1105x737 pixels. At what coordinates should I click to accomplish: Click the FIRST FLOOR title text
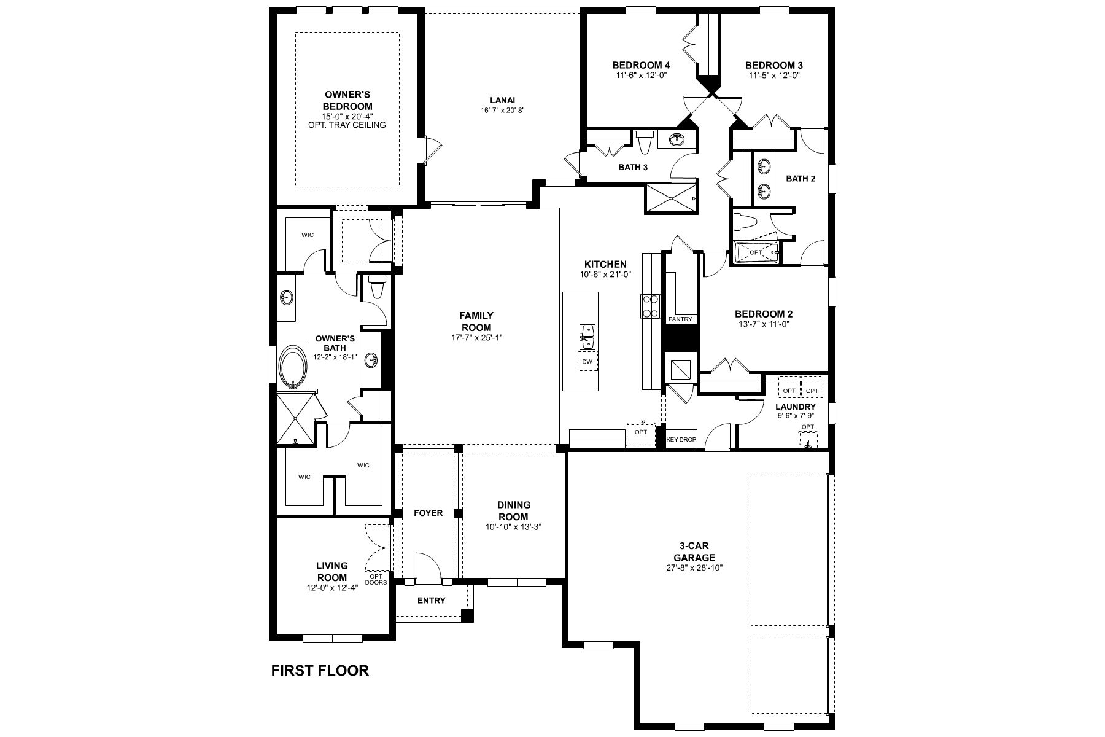pos(320,670)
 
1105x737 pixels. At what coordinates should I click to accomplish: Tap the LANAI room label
pos(502,100)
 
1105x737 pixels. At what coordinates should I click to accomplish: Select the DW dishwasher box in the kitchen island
pos(587,362)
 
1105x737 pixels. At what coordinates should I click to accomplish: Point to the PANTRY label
pos(680,319)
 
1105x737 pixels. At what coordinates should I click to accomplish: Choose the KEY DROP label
pos(681,440)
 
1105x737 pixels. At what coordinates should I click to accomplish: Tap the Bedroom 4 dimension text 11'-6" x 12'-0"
pos(641,76)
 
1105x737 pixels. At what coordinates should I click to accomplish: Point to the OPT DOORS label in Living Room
pos(376,579)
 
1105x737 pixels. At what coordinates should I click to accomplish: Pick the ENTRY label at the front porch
pos(431,600)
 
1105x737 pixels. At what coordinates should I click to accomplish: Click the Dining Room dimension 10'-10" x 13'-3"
pos(513,527)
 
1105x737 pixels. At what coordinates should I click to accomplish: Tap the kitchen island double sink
pos(587,337)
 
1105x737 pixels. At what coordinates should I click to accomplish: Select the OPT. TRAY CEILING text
pos(347,125)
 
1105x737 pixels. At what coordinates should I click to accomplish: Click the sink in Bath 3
pos(678,138)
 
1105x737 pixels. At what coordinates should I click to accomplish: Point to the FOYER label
pos(428,513)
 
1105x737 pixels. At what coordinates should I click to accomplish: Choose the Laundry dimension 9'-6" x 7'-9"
pos(795,415)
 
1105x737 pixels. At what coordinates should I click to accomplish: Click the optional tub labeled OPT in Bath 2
pos(756,252)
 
